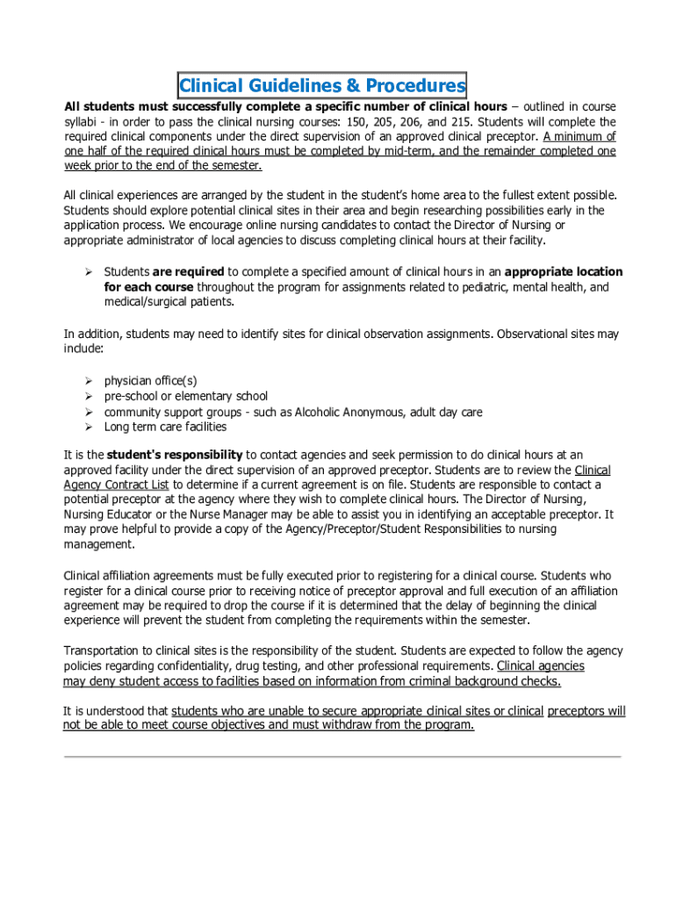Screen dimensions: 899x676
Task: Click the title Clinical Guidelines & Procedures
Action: pos(322,86)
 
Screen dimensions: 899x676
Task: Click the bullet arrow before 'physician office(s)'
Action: pos(89,381)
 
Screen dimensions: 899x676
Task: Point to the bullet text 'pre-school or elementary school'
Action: pos(186,397)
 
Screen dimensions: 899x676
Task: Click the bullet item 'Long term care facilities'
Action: pos(165,427)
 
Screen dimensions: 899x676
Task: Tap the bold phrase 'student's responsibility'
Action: pos(175,455)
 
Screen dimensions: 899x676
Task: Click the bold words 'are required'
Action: pos(189,272)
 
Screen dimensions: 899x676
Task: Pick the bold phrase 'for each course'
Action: pos(147,287)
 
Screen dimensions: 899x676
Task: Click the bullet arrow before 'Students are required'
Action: pos(89,272)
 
